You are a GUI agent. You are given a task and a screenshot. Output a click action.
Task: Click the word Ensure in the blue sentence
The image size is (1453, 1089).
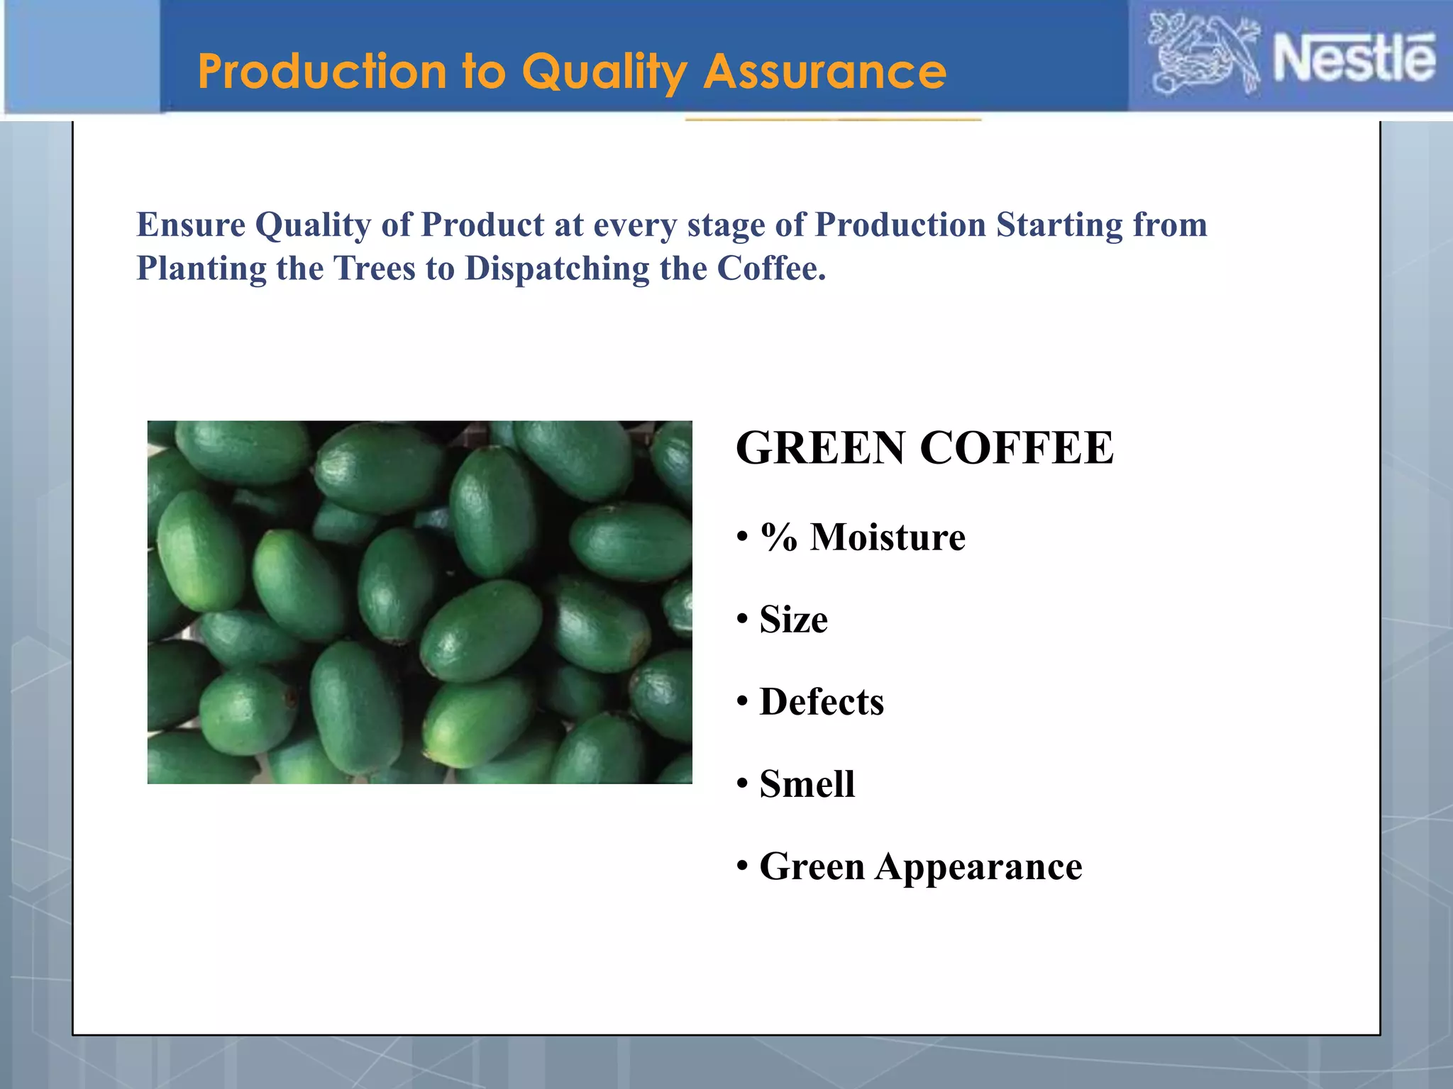pos(190,225)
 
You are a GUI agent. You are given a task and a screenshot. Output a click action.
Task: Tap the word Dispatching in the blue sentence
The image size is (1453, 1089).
pos(556,269)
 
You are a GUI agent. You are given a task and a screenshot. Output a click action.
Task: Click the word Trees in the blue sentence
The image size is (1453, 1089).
pos(374,269)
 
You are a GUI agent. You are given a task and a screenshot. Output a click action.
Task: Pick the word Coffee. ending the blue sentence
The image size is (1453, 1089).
pos(771,269)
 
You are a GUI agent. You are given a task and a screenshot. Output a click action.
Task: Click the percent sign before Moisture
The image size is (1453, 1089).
pos(778,537)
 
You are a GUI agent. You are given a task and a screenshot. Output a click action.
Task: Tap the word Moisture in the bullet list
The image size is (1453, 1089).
pos(888,537)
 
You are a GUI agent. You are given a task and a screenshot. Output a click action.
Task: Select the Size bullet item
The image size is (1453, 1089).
pos(792,619)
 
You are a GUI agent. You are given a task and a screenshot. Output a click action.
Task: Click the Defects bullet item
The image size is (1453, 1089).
pos(821,702)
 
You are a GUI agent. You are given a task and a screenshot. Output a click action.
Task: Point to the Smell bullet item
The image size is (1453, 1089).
pos(807,784)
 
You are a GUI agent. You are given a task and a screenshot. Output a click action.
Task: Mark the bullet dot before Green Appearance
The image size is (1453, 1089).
pos(742,866)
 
